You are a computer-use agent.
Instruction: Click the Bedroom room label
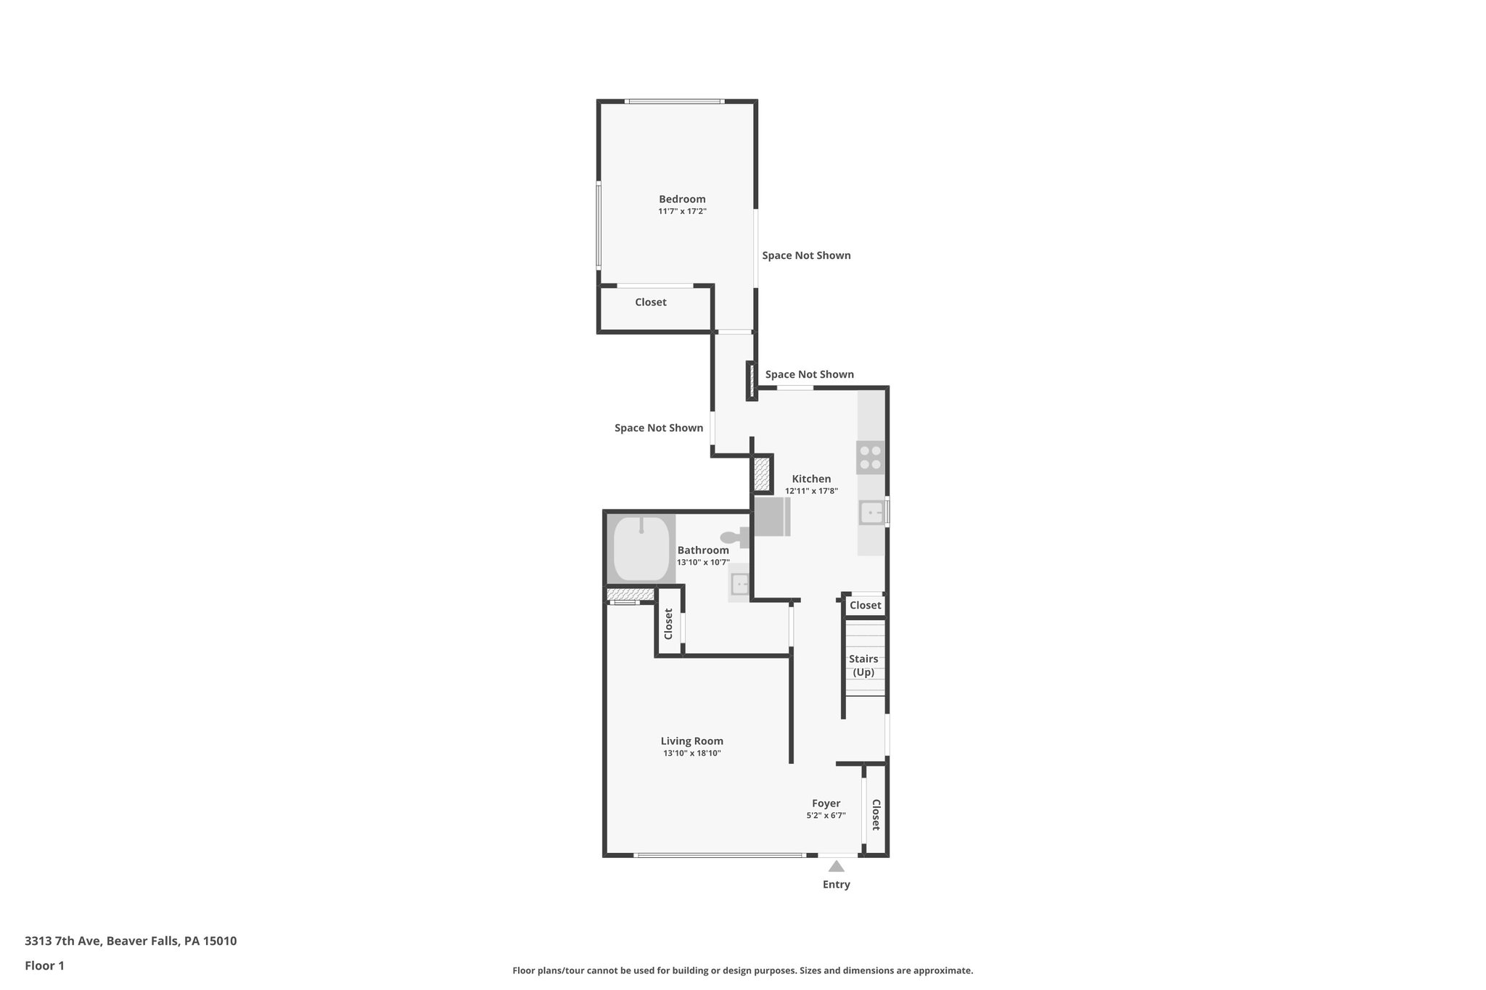(x=681, y=199)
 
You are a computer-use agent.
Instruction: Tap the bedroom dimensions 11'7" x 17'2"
(x=681, y=212)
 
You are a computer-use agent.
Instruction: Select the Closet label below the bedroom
(x=650, y=302)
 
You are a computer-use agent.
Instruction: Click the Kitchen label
(x=811, y=479)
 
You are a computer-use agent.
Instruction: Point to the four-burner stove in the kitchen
(x=870, y=458)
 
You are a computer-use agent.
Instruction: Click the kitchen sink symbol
(x=871, y=513)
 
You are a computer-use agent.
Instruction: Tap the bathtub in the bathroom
(x=641, y=549)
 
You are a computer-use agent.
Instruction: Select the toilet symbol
(x=736, y=537)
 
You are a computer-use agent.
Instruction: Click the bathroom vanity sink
(x=739, y=583)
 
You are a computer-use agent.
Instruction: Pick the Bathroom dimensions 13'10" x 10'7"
(x=702, y=562)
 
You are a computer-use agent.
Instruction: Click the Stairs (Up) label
(x=863, y=665)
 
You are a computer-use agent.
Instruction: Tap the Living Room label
(x=691, y=741)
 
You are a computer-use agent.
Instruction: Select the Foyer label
(x=826, y=803)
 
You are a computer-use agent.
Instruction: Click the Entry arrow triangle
(x=836, y=866)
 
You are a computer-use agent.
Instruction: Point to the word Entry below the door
(x=836, y=884)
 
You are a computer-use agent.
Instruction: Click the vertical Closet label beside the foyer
(x=876, y=814)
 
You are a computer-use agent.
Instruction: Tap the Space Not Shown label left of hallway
(x=658, y=428)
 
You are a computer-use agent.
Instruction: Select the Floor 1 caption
(x=44, y=965)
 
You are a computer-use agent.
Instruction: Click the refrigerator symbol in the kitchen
(x=772, y=516)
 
